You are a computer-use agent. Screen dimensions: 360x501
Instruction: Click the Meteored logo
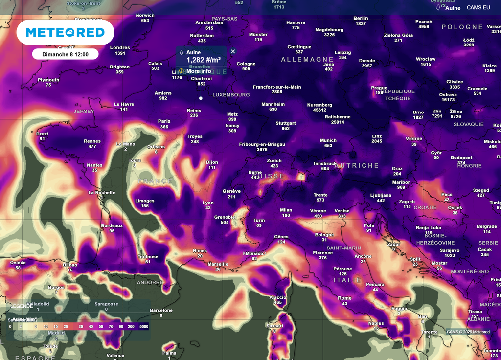point(65,33)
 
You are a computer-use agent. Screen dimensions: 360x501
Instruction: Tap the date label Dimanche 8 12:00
point(65,54)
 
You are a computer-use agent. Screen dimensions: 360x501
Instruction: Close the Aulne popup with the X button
point(233,51)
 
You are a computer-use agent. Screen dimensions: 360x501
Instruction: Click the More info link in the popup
point(199,71)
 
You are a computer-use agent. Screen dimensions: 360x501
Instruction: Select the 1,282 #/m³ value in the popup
point(203,60)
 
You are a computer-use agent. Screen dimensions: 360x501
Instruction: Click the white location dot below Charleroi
point(201,98)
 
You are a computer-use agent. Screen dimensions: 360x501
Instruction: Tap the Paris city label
point(164,121)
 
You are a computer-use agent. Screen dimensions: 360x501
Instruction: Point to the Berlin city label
point(361,18)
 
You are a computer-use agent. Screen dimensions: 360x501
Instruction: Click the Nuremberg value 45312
point(319,110)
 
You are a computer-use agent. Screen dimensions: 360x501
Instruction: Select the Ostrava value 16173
point(448,100)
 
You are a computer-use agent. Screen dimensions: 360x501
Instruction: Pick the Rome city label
point(344,298)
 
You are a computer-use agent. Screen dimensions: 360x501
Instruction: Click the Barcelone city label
point(161,310)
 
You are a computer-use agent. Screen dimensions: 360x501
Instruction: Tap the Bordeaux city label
point(112,225)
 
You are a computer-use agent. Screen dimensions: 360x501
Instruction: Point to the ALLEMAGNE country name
point(307,59)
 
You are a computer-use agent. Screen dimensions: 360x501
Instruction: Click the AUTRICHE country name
point(357,166)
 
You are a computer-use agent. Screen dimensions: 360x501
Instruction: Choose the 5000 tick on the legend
point(143,326)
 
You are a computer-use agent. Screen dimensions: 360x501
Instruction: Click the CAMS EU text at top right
point(478,7)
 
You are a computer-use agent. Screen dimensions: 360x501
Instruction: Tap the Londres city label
point(120,47)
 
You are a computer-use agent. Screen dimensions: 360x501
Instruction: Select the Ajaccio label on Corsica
point(277,297)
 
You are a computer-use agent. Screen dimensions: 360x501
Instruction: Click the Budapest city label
point(461,157)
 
